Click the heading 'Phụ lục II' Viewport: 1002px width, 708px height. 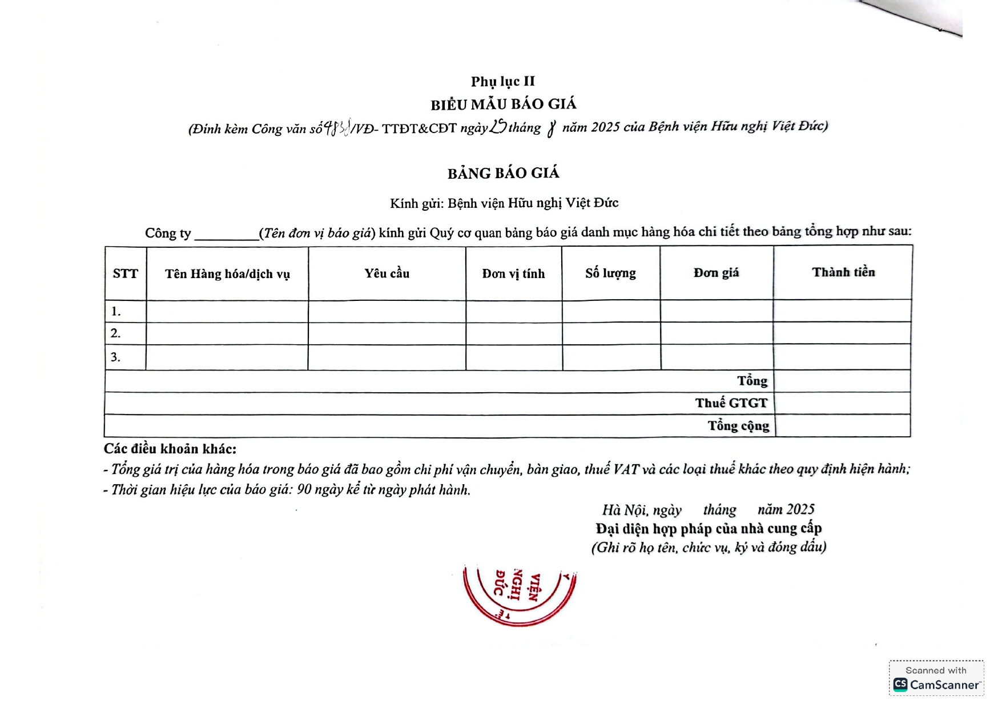tap(502, 82)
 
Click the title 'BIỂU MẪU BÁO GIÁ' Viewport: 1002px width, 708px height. tap(503, 104)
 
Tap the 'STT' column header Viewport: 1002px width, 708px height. tap(126, 274)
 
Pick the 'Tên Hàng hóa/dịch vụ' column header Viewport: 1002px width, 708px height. tap(227, 274)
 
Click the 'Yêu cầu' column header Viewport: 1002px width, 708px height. tap(387, 273)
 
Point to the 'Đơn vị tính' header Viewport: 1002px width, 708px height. tap(513, 274)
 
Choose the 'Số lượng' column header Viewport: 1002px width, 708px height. tap(610, 273)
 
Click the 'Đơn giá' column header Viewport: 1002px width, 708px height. tap(716, 273)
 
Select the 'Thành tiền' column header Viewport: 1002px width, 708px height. tap(843, 272)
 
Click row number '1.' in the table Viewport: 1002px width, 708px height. tap(116, 312)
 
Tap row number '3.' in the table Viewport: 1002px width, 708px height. tap(116, 357)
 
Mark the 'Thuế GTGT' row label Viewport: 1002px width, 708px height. tap(731, 403)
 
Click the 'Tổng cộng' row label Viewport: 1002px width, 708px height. tap(738, 426)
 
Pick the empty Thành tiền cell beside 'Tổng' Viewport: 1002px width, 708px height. tap(842, 381)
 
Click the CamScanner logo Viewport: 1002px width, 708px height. tap(901, 685)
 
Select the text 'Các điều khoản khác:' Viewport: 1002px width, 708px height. tap(170, 449)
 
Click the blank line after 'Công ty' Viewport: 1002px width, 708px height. tap(227, 234)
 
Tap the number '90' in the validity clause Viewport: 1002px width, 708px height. tap(304, 490)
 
